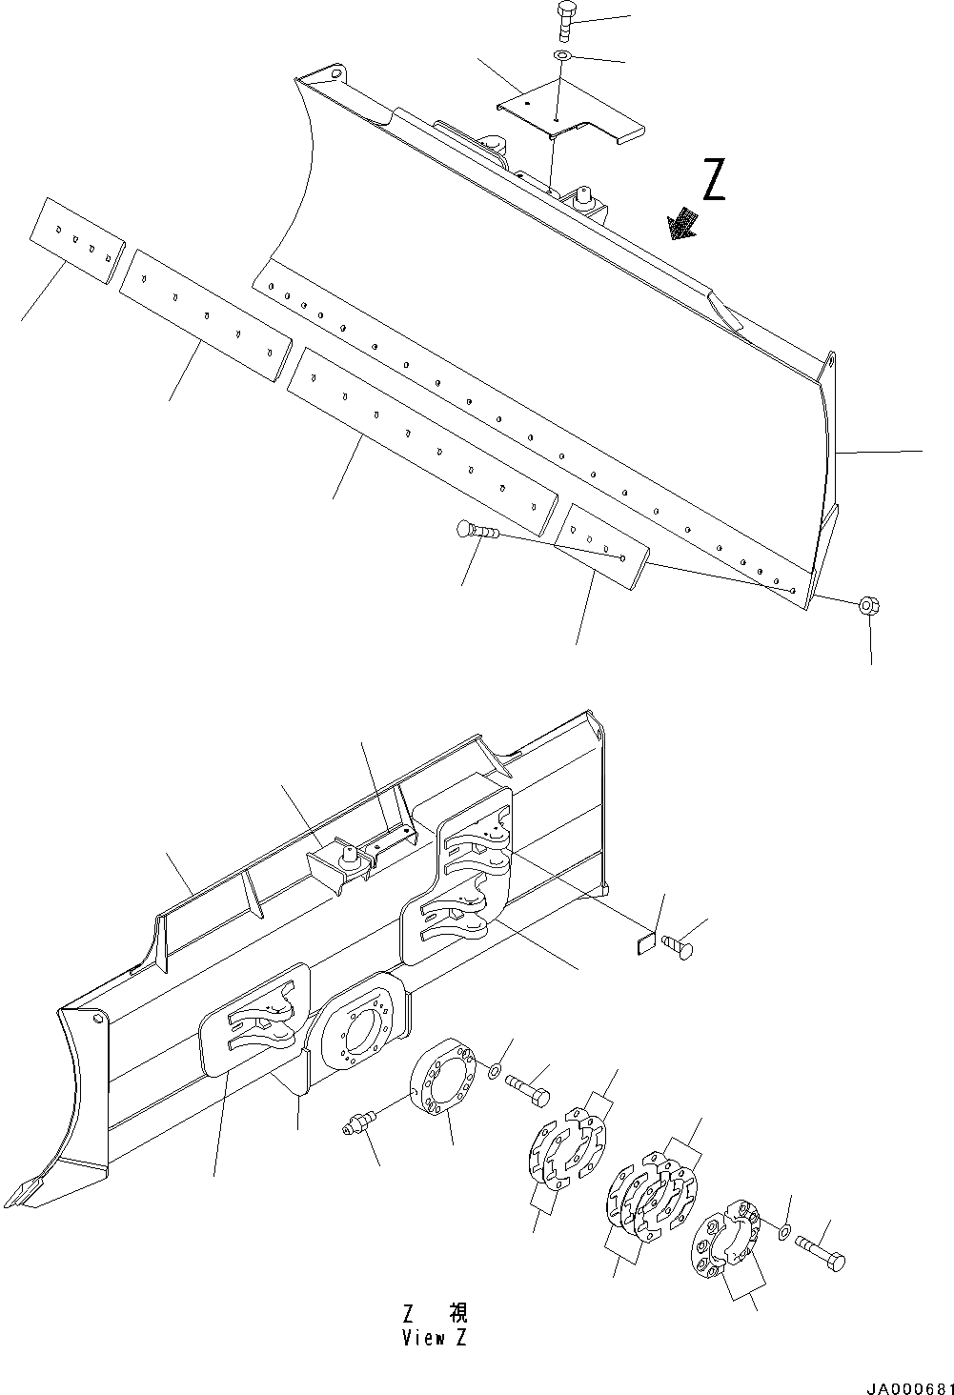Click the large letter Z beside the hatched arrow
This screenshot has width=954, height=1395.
point(713,181)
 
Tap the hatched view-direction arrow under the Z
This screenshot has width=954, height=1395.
point(682,225)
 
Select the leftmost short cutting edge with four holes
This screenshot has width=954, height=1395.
point(77,243)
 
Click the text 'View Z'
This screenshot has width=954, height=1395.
point(435,1338)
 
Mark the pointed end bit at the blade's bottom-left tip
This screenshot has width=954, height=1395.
point(30,1191)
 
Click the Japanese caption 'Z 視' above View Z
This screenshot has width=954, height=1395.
point(435,1314)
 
